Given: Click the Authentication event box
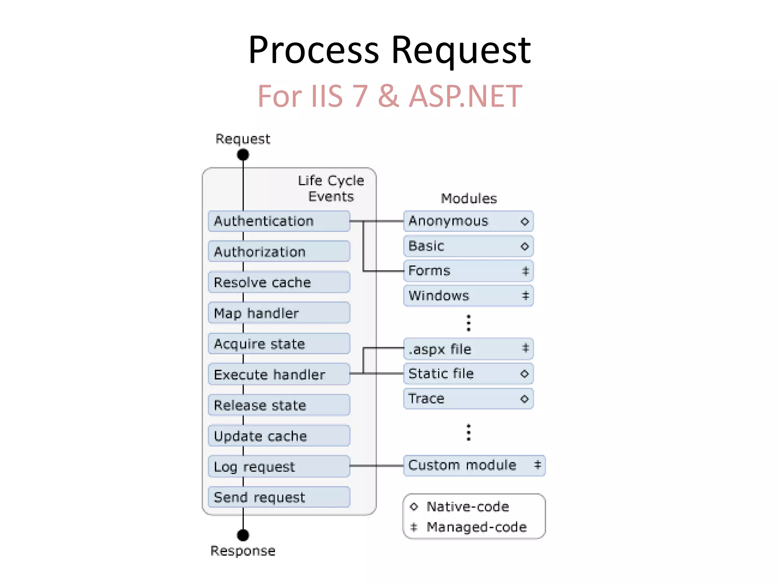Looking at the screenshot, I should coord(279,221).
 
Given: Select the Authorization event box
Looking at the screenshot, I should coord(279,252).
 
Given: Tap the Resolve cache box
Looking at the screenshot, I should coord(279,282).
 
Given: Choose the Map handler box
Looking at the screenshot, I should coord(279,313).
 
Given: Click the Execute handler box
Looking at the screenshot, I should coord(279,375).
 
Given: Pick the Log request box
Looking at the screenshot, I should coord(279,467).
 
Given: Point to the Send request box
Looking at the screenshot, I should coord(279,497).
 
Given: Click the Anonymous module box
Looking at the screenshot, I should coord(468,221).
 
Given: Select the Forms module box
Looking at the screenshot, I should coord(468,271).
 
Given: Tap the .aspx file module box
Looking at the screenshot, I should coord(468,349).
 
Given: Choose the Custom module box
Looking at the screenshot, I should coord(474,465).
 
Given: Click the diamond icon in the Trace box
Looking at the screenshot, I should coord(525,399).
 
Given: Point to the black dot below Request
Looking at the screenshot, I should coord(243,155).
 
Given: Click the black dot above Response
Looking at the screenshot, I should coord(243,535).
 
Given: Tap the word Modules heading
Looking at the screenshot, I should coord(469,198).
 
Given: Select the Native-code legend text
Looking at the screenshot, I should coord(467,507).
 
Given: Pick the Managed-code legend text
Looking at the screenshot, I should coord(476,527).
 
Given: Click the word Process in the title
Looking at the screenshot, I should coord(313,50).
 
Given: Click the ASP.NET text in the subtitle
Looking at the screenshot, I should coord(465,96).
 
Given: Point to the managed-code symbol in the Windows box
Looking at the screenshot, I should coord(525,295).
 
